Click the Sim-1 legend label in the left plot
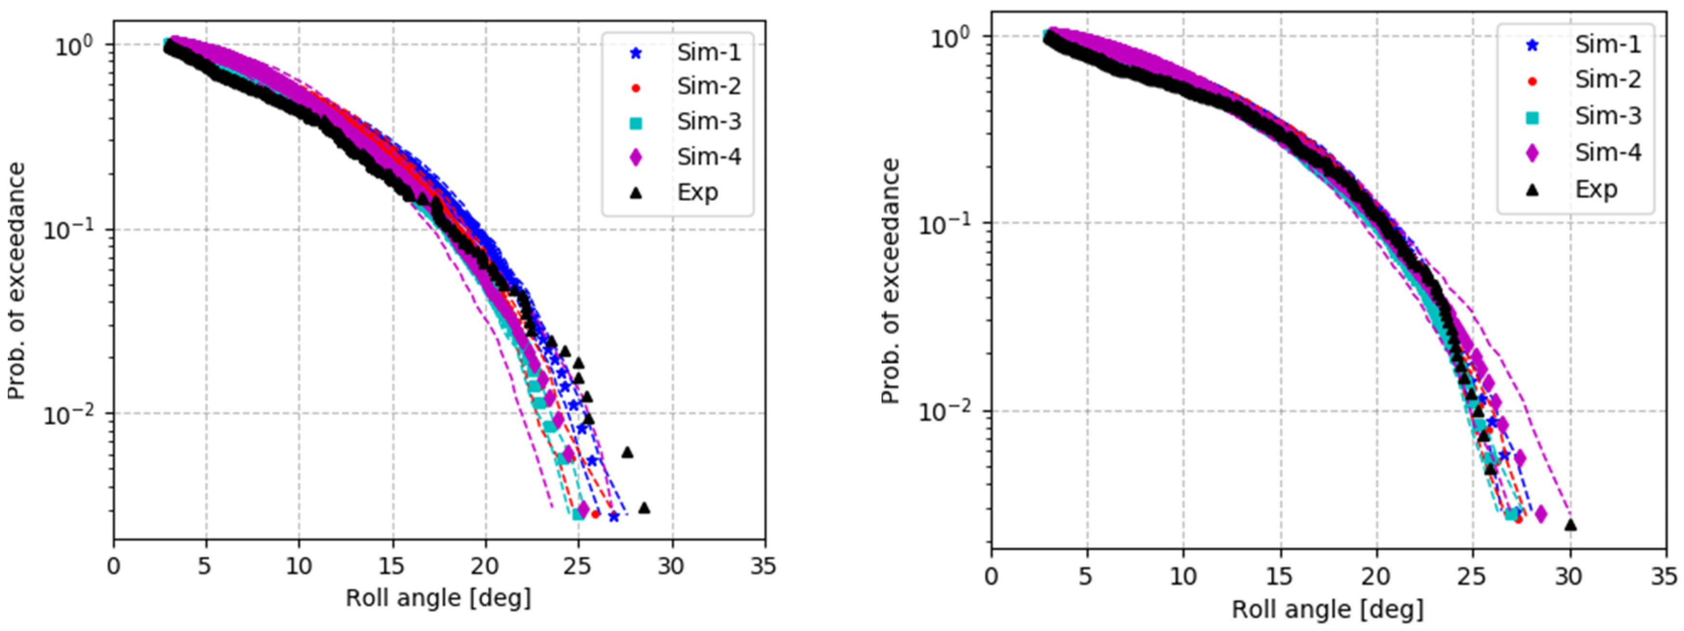tap(709, 53)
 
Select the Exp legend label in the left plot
tap(698, 192)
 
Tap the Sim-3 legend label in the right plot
tap(1607, 116)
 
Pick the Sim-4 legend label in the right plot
tap(1607, 152)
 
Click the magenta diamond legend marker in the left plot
tap(635, 157)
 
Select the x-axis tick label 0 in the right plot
tap(992, 577)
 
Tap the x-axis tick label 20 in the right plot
tap(1376, 577)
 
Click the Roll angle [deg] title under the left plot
tap(438, 598)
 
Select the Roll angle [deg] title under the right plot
tap(1328, 609)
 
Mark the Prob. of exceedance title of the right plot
tap(890, 281)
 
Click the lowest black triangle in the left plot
tap(644, 508)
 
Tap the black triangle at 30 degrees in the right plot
tap(1570, 524)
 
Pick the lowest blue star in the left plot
tap(614, 517)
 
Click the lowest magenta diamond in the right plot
tap(1540, 515)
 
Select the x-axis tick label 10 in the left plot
tap(299, 566)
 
